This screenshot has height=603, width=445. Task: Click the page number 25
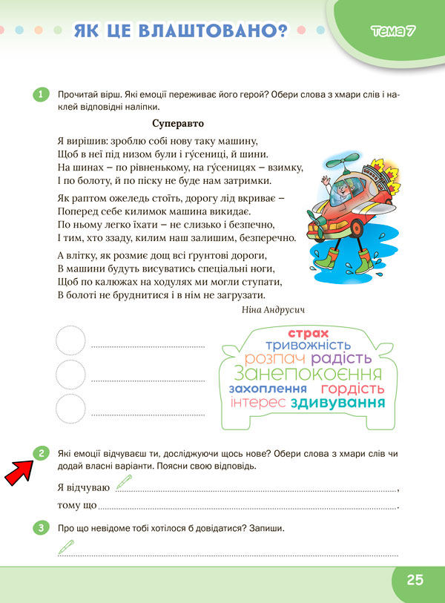pyautogui.click(x=415, y=579)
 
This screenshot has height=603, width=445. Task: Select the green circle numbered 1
pyautogui.click(x=41, y=94)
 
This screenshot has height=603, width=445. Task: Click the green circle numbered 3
pyautogui.click(x=41, y=528)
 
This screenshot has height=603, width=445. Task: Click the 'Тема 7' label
pyautogui.click(x=392, y=31)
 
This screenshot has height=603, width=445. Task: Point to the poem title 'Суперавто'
pyautogui.click(x=177, y=123)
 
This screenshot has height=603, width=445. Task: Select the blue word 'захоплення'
pyautogui.click(x=268, y=389)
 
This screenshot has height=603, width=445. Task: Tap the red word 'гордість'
pyautogui.click(x=352, y=389)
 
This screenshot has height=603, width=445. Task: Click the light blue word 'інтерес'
pyautogui.click(x=258, y=403)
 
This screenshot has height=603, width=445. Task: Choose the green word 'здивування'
pyautogui.click(x=338, y=403)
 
